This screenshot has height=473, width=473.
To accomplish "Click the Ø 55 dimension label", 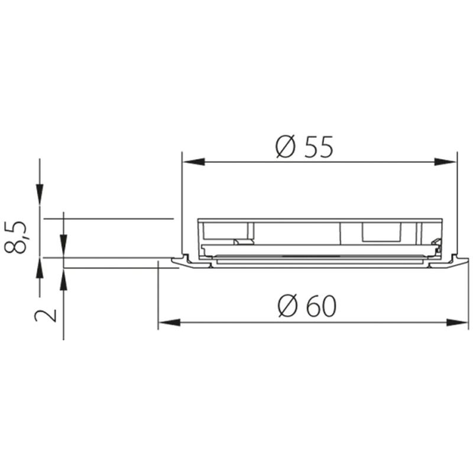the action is tap(304, 147).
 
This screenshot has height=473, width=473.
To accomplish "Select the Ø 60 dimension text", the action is tap(306, 306).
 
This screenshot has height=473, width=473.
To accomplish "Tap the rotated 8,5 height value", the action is tap(16, 238).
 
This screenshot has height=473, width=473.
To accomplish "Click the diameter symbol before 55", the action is tap(285, 147).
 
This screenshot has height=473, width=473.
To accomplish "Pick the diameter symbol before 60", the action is tap(287, 306).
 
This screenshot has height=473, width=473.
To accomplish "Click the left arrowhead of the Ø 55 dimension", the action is tap(194, 162).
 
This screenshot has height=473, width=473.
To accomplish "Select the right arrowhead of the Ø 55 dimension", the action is tap(445, 162).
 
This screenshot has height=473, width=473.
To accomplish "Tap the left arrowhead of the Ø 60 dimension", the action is tap(170, 322).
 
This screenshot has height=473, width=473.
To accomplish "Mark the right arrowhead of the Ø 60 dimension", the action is tap(457, 322).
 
